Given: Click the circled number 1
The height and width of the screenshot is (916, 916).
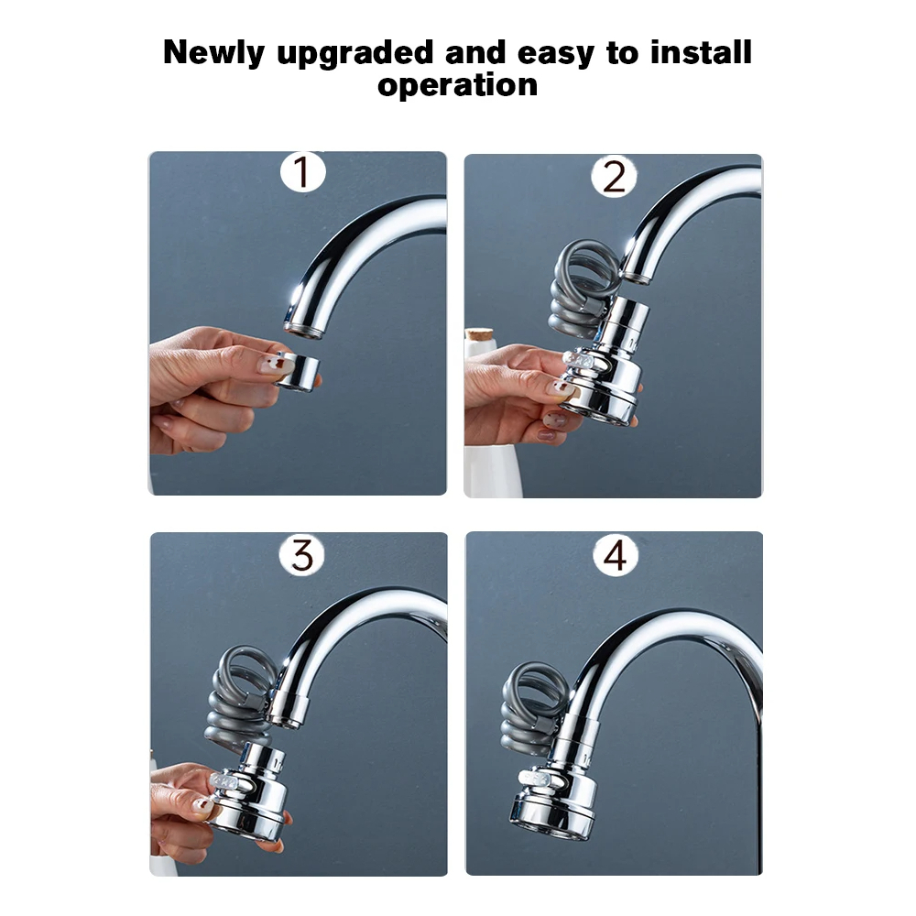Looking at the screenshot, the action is tap(302, 172).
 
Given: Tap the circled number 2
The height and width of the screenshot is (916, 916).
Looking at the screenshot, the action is tap(614, 176).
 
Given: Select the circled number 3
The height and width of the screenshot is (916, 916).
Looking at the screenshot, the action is tap(301, 554).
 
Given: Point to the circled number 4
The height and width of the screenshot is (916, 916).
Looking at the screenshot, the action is tap(616, 555).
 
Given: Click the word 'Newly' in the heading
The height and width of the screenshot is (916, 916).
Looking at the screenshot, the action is tap(213, 53).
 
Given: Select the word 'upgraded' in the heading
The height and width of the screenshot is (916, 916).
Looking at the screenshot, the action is tap(355, 53).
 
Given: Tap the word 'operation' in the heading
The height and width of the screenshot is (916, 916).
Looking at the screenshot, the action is tap(457, 85).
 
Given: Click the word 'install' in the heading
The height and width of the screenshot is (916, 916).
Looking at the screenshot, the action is tap(701, 52).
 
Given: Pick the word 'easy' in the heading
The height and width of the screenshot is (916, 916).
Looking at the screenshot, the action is tap(556, 54).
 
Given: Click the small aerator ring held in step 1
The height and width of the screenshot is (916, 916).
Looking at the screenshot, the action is tap(298, 371).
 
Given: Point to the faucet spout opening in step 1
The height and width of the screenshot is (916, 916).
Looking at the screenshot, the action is tap(304, 331).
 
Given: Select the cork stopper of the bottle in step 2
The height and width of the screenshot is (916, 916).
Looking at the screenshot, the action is tap(479, 334).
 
